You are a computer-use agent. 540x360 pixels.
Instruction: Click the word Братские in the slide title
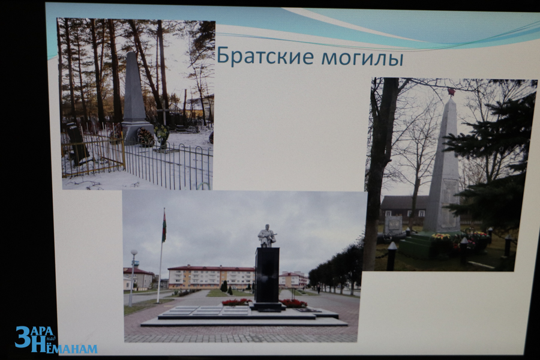(x=265, y=56)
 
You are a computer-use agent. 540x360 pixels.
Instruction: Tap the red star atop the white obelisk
(x=451, y=92)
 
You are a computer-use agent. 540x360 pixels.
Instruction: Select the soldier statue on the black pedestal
(x=266, y=236)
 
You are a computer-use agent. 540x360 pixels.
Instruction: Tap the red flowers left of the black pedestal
(x=236, y=302)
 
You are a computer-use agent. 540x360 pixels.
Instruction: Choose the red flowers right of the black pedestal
(x=294, y=303)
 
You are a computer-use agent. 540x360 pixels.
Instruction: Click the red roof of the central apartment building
(x=211, y=268)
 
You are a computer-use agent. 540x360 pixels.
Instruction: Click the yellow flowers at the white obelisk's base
(x=441, y=237)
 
